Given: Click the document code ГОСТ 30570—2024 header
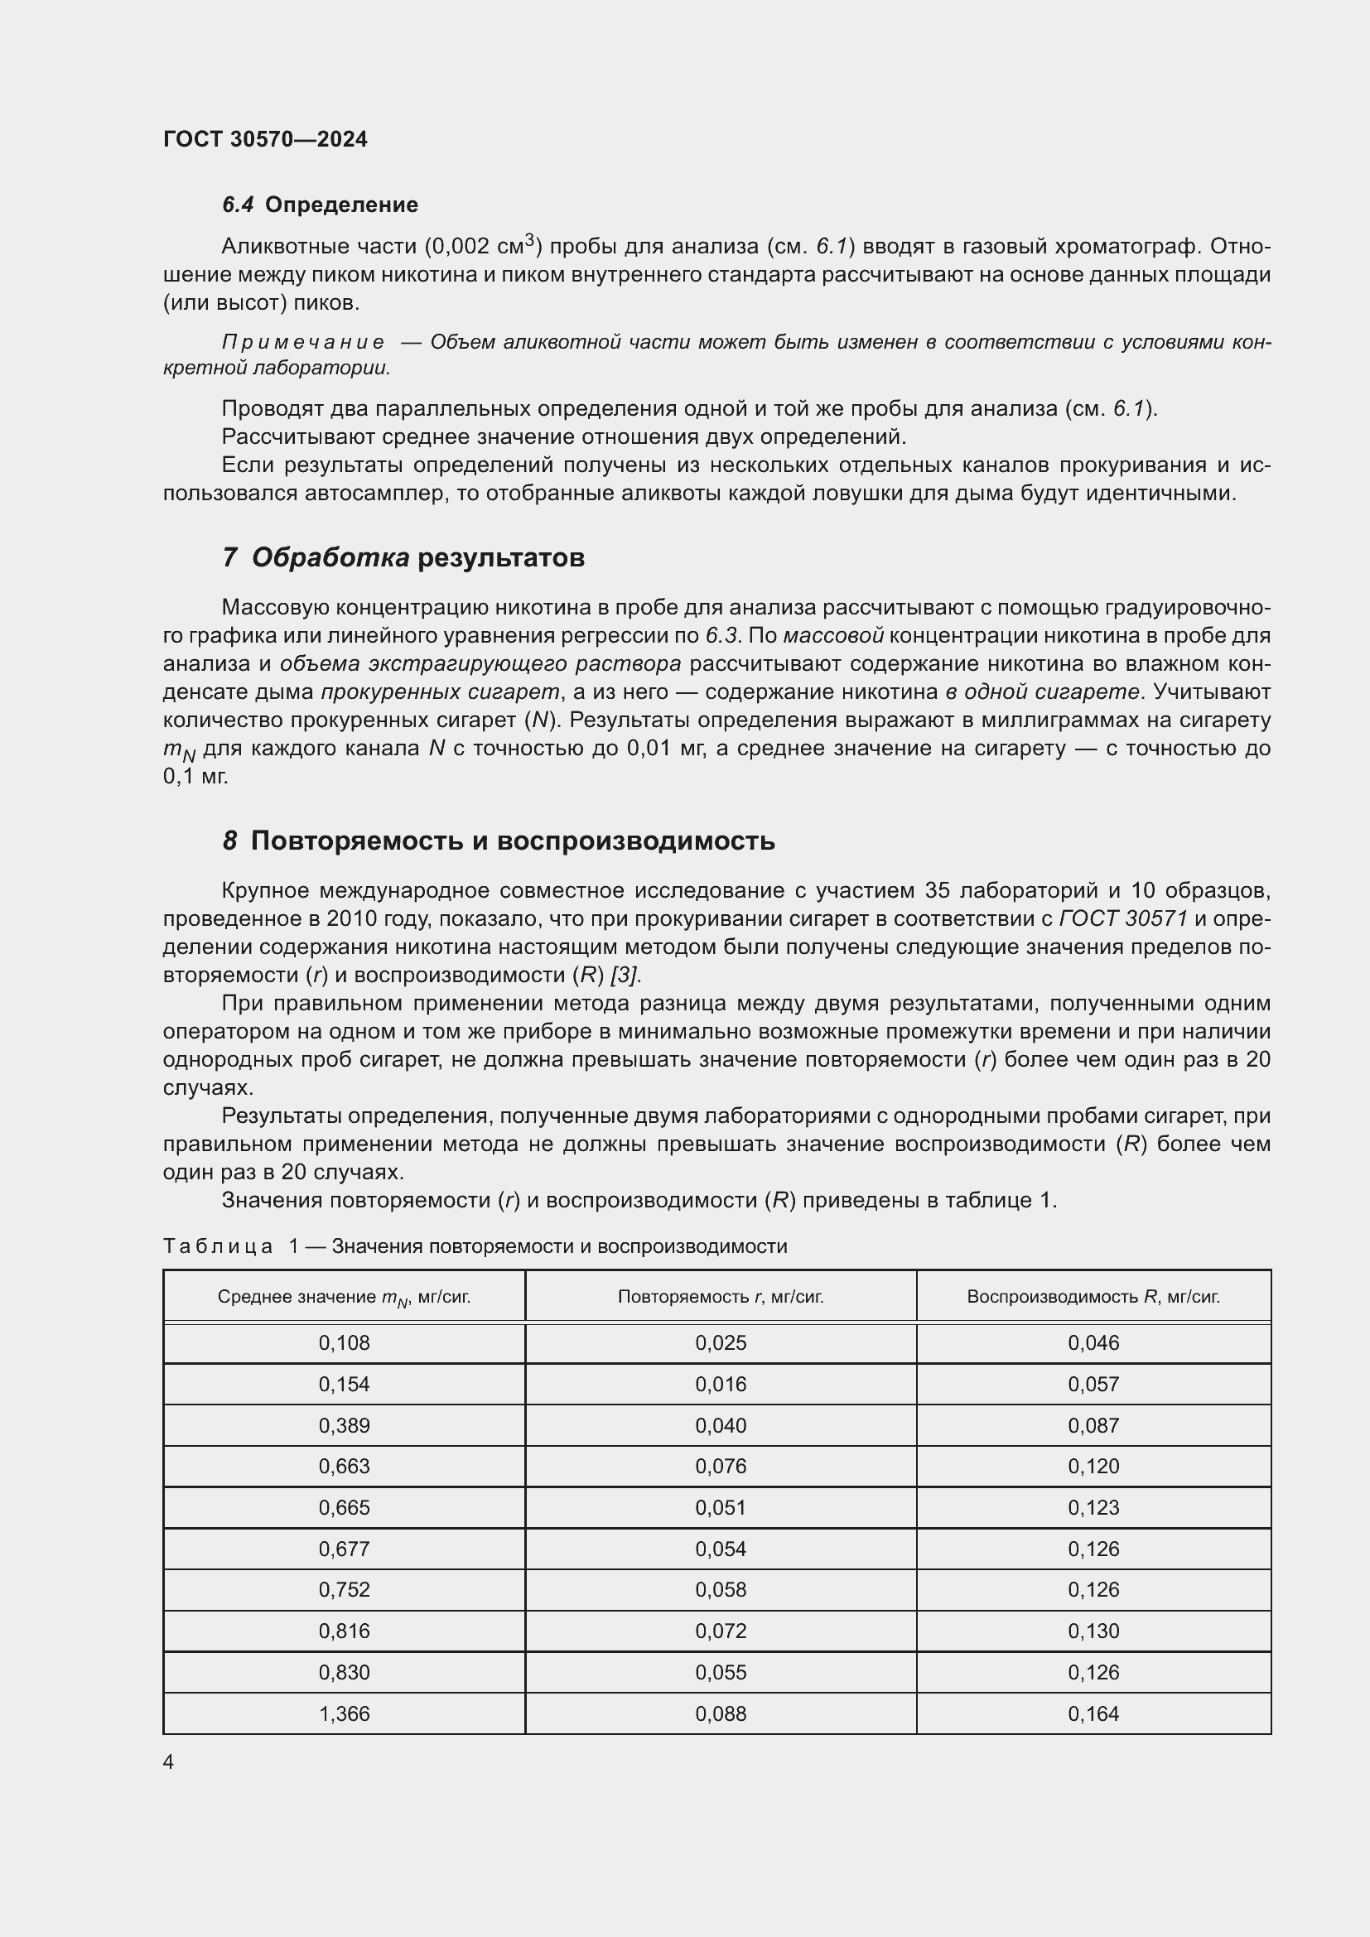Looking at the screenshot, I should pyautogui.click(x=265, y=139).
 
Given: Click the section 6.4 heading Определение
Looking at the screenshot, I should pyautogui.click(x=340, y=205).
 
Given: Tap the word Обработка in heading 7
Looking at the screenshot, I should pyautogui.click(x=330, y=557).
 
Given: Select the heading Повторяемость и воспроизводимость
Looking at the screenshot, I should pyautogui.click(x=512, y=841).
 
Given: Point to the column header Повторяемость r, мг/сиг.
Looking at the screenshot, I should pyautogui.click(x=721, y=1297).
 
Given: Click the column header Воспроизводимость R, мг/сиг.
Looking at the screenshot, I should pyautogui.click(x=1093, y=1297).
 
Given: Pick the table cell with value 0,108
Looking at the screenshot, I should pyautogui.click(x=345, y=1343).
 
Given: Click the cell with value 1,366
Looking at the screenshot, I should pyautogui.click(x=345, y=1713).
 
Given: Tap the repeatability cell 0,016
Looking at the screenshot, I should pyautogui.click(x=721, y=1385).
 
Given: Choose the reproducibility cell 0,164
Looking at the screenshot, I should pyautogui.click(x=1093, y=1713).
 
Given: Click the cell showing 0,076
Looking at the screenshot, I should pyautogui.click(x=721, y=1467).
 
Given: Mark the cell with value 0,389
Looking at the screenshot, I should pyautogui.click(x=345, y=1426).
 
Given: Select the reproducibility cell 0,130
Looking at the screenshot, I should pyautogui.click(x=1093, y=1631).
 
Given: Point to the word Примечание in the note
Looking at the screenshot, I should pyautogui.click(x=303, y=343).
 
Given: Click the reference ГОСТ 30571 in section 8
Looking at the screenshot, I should pyautogui.click(x=1123, y=918).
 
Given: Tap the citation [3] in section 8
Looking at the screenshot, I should pyautogui.click(x=625, y=976).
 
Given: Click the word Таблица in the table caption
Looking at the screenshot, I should pyautogui.click(x=218, y=1247).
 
